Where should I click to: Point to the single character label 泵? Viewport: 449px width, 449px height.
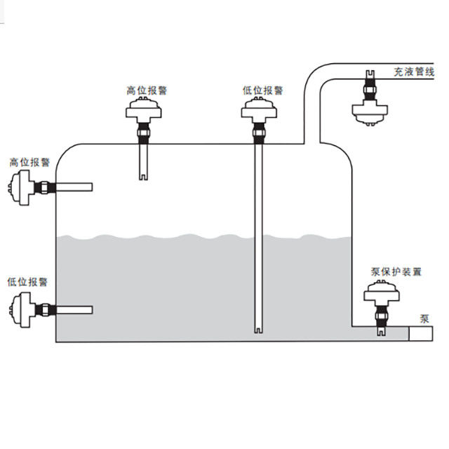tap(424, 318)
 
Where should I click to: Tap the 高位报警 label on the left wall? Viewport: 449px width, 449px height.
tap(29, 162)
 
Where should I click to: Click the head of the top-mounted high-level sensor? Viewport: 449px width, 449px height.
tap(146, 110)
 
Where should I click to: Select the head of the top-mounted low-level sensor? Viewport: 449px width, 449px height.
tap(260, 109)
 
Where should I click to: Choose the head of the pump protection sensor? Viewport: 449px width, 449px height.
tap(381, 293)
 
